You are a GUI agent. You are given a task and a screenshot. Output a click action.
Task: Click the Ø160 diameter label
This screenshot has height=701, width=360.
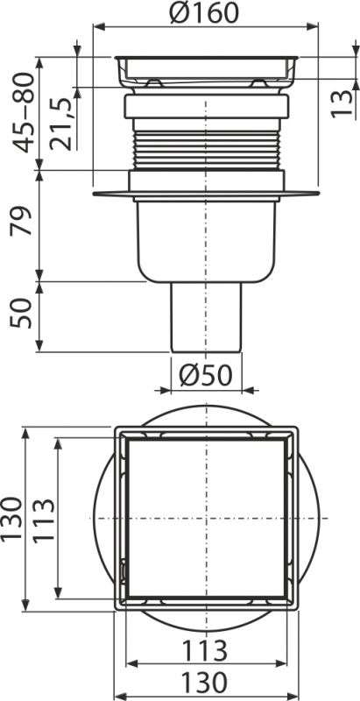pos(205,12)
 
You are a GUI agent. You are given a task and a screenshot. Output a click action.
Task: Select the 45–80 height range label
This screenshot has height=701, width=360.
pos(22,112)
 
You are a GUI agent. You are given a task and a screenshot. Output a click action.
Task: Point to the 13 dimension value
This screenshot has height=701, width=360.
pos(342,103)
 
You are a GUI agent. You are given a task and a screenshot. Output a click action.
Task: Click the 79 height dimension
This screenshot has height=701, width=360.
pos(22,221)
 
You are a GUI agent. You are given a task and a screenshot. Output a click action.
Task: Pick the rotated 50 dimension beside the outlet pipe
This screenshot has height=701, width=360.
pos(22,313)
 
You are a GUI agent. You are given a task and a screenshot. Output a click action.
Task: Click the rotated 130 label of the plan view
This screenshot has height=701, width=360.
pos(11,518)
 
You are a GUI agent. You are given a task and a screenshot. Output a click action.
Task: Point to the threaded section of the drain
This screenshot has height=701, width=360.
pos(207,150)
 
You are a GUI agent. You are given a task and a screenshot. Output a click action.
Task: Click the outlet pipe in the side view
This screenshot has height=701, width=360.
pos(206,317)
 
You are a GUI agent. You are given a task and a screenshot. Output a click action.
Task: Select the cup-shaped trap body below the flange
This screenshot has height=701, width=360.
pos(207,242)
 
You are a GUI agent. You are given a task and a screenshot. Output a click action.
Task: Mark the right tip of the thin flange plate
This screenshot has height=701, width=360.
pos(320,194)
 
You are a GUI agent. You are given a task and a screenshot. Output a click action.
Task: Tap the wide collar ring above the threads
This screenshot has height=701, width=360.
pos(207,106)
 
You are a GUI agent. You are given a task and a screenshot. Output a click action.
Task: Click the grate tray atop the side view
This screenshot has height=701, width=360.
pos(207,72)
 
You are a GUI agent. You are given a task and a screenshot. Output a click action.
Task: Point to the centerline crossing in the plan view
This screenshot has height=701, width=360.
pos(207,519)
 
